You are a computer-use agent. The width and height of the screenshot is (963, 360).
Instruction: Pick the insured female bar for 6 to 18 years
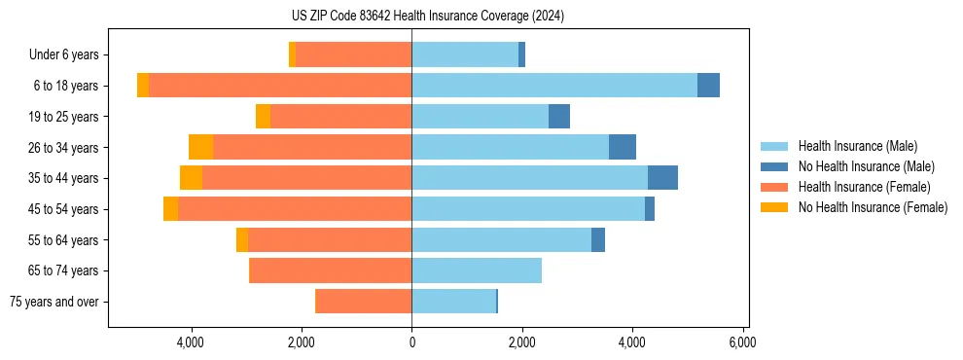point(280,86)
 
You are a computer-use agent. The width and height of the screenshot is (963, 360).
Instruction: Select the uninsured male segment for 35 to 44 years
point(662,178)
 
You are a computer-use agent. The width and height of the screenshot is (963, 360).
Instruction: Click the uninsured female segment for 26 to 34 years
point(201,147)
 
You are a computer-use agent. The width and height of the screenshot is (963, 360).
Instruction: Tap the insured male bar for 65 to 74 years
point(477,270)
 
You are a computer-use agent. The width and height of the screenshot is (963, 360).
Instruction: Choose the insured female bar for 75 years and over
point(364,302)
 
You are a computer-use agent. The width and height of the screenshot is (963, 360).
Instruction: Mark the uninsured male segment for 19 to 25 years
point(559,117)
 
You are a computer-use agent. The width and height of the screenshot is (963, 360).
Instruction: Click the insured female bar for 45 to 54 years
point(295,209)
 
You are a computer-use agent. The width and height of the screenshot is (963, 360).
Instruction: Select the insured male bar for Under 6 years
point(465,54)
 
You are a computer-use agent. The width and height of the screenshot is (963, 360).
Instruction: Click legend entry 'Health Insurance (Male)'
point(857,146)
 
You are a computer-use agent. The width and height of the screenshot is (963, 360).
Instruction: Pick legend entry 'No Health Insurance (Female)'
point(873,207)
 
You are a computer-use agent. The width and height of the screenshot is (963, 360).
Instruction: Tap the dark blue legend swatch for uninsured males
point(774,166)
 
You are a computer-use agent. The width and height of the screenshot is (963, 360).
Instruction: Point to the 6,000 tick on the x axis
point(742,342)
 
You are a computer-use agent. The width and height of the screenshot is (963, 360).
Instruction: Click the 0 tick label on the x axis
point(411,342)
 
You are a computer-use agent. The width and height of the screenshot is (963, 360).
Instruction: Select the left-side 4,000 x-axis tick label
point(191,342)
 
